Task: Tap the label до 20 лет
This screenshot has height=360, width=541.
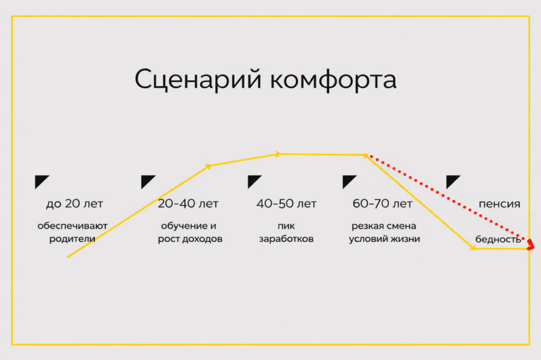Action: click(74, 204)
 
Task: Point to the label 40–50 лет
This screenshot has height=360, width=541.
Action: click(286, 204)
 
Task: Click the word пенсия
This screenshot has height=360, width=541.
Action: click(499, 204)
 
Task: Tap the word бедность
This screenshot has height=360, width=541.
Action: click(498, 239)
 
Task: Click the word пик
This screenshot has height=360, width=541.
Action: click(286, 226)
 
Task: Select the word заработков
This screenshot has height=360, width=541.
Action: click(286, 239)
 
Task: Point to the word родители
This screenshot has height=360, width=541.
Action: click(72, 239)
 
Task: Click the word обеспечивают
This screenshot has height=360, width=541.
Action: click(72, 226)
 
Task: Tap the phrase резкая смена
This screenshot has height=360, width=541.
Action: click(384, 226)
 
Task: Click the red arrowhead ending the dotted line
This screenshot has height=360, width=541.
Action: click(531, 243)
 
